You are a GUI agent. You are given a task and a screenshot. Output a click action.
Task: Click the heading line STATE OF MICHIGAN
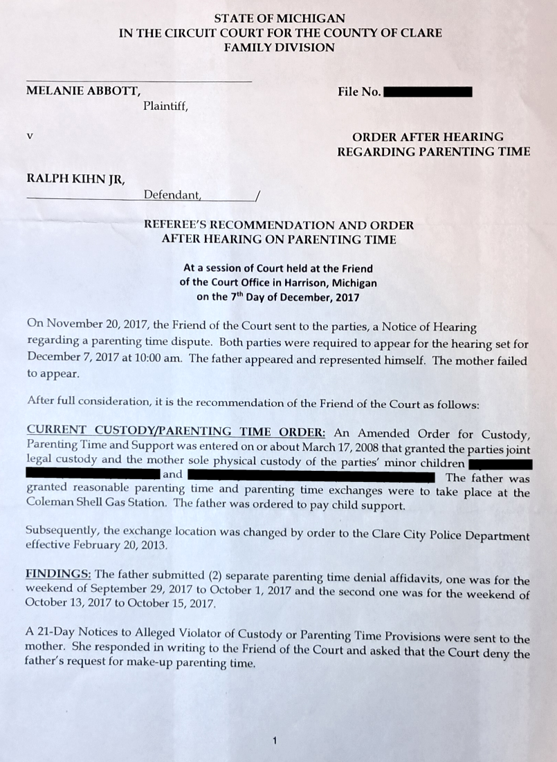click(x=279, y=19)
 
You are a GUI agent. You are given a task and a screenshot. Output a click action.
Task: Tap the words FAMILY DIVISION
click(x=279, y=48)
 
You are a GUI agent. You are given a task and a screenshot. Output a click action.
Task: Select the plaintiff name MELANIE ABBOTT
click(x=84, y=91)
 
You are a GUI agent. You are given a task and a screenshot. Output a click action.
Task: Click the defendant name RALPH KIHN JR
click(x=75, y=180)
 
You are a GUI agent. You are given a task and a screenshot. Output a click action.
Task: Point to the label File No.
click(x=359, y=91)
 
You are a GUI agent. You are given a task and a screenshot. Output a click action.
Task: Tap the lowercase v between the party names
click(x=29, y=136)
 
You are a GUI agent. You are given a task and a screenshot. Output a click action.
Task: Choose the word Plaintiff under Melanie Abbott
click(x=165, y=106)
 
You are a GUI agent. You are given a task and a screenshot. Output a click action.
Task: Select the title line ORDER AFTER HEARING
click(x=428, y=137)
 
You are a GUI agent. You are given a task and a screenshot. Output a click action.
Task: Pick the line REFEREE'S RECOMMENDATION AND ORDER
click(x=279, y=225)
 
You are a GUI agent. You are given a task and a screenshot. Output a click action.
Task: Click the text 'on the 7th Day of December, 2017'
click(x=278, y=297)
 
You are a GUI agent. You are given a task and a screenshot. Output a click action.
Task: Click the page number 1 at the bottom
click(x=275, y=741)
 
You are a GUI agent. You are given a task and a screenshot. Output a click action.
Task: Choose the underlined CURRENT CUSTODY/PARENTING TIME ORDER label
click(x=176, y=434)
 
